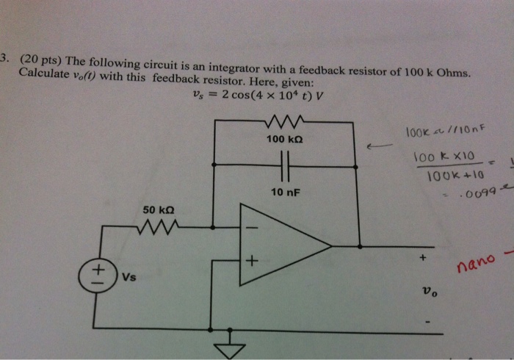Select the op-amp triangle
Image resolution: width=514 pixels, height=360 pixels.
coord(283,243)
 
